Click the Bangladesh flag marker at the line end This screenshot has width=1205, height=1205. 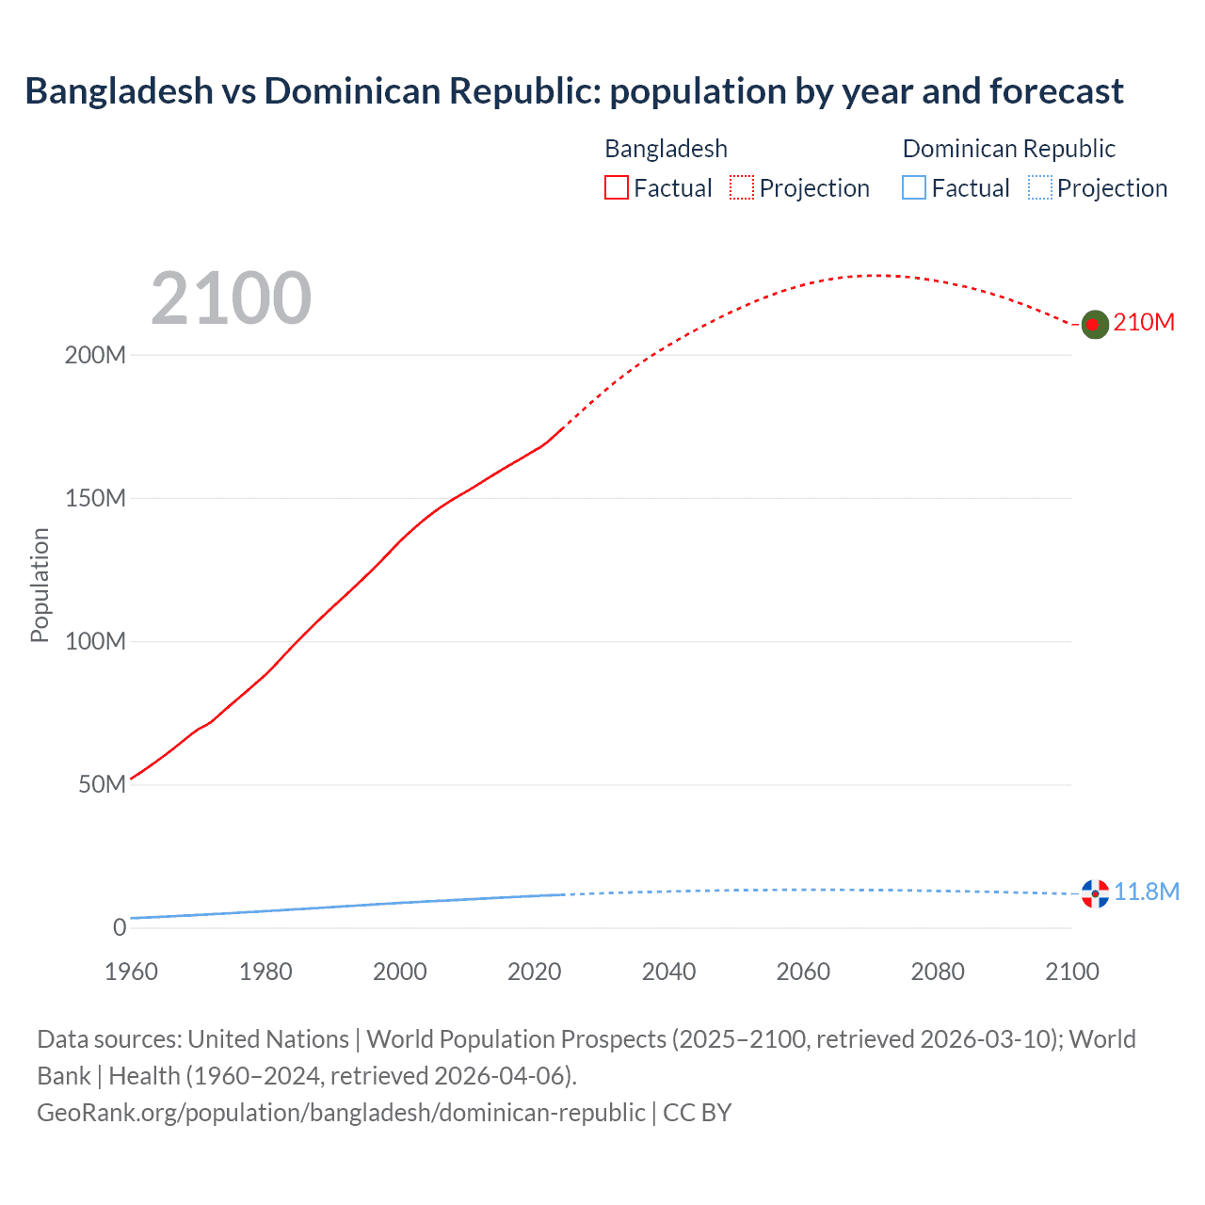(x=1094, y=324)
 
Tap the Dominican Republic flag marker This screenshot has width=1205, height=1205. (x=1095, y=893)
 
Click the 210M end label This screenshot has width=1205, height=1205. (x=1144, y=323)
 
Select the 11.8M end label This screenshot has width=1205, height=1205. (x=1147, y=892)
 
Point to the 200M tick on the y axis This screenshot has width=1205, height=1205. (x=95, y=356)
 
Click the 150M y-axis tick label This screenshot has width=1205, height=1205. (x=95, y=499)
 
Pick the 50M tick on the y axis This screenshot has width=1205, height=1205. (x=102, y=785)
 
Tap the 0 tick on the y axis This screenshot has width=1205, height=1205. (x=120, y=928)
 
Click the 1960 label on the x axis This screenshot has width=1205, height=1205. (x=131, y=972)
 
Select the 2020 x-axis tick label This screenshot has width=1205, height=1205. (x=534, y=972)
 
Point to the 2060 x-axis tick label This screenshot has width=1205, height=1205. (x=803, y=972)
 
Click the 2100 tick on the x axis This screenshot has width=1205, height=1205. (x=1071, y=972)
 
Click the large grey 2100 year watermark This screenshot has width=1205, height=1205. (x=231, y=298)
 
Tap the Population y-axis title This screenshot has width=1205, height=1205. (x=40, y=585)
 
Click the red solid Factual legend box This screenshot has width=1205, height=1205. (x=616, y=188)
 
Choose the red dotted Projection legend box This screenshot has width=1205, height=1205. (x=742, y=188)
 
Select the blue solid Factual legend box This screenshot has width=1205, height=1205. (x=913, y=188)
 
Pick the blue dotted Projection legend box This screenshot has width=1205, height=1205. (x=1039, y=188)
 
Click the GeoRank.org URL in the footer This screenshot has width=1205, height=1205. (x=341, y=1113)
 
